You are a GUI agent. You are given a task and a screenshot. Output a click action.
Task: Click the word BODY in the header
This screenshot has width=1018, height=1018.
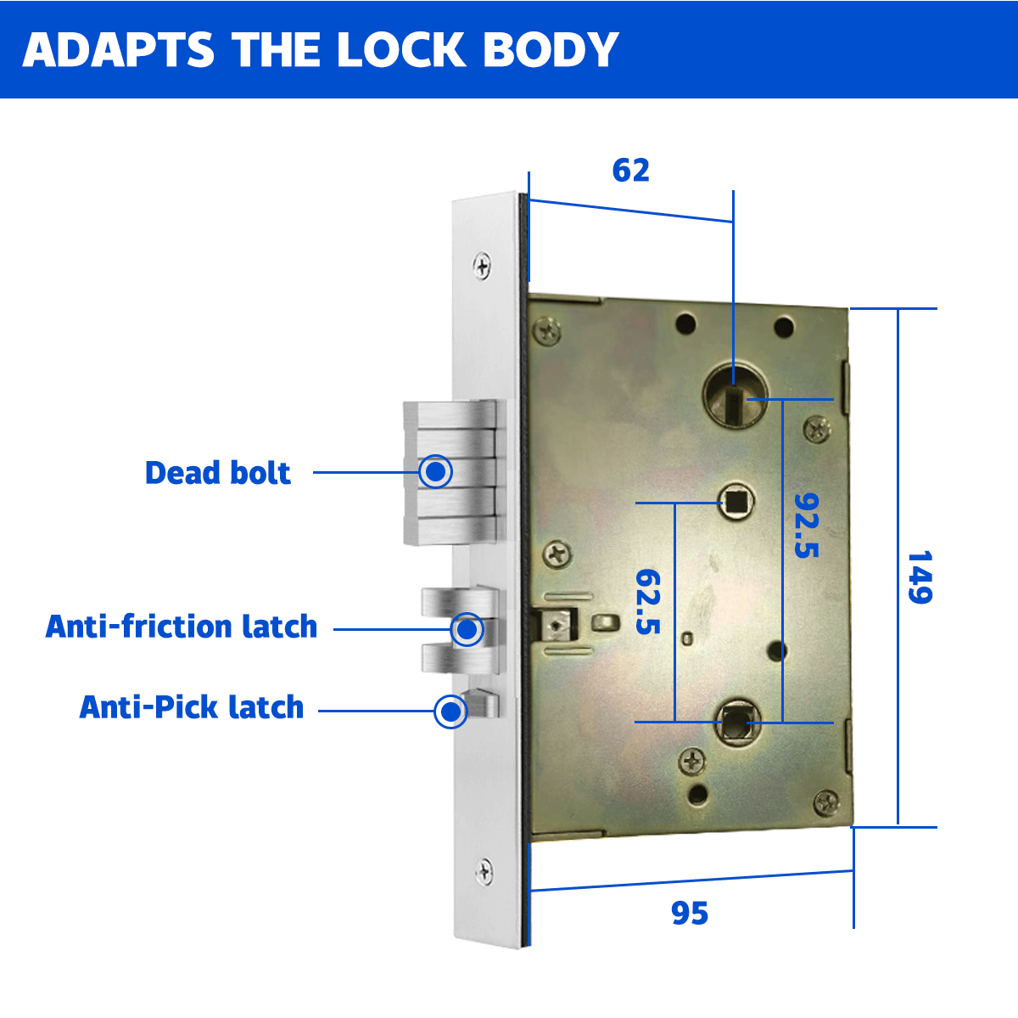coord(551,50)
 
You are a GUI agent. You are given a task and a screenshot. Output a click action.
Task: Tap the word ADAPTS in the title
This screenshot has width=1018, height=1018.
coord(118,50)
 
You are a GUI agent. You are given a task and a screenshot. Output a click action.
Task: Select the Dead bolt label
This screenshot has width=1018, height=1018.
coord(218,472)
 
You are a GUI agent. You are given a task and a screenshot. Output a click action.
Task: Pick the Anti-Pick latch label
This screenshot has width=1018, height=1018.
coord(191,707)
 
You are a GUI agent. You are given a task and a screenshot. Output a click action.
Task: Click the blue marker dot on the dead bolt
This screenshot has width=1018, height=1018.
coord(436,471)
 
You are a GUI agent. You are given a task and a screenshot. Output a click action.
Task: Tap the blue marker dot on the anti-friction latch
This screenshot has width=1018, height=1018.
coord(467,629)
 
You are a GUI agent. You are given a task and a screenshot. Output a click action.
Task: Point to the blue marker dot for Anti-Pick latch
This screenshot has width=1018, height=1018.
coord(450,711)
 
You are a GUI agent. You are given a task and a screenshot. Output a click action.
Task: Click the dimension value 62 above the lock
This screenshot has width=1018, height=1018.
coord(631,171)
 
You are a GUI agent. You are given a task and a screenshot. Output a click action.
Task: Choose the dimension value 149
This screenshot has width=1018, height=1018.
coord(920,577)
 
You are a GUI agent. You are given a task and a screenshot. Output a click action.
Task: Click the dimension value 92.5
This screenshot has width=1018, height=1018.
coord(807,525)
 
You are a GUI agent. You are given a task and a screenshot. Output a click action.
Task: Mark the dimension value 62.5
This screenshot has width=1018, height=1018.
coord(648,601)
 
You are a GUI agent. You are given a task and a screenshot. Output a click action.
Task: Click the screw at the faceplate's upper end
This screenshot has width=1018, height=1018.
coord(482,266)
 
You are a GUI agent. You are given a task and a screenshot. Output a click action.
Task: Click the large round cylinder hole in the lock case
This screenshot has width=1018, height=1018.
coord(735,395)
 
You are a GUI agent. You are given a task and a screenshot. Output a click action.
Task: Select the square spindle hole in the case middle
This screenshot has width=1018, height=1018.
coord(736,502)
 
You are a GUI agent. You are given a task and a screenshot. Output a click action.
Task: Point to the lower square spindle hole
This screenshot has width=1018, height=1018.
coord(737,720)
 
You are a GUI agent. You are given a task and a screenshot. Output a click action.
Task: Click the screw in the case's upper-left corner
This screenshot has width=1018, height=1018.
coord(547,331)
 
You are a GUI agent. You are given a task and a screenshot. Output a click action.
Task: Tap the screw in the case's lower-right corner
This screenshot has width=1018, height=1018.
coord(825,802)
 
